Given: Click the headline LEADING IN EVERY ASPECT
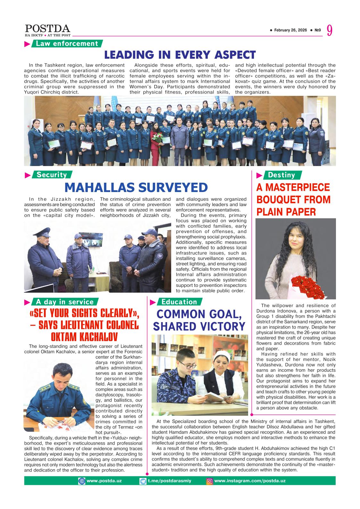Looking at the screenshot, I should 180,55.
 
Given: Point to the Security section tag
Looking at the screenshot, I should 51,175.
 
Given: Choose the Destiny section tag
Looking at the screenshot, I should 281,175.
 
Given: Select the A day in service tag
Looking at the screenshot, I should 64,302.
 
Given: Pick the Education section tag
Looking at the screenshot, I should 179,302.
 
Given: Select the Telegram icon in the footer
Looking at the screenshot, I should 143,481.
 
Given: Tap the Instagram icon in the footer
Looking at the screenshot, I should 210,481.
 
